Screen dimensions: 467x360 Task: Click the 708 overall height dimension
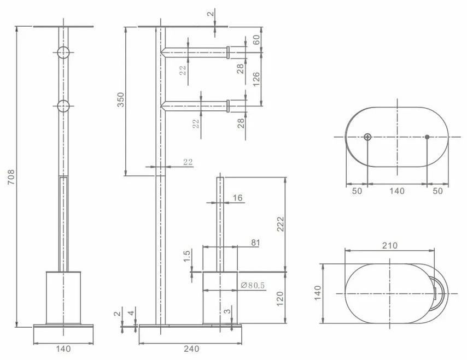click(11, 177)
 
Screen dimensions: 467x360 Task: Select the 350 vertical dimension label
click(121, 99)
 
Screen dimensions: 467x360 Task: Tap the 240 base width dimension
click(191, 349)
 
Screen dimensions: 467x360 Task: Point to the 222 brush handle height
click(281, 225)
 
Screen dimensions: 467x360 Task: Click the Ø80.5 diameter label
click(253, 286)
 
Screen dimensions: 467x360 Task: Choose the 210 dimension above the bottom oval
click(389, 246)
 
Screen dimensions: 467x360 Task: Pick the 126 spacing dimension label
click(256, 79)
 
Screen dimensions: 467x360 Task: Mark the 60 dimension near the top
click(256, 40)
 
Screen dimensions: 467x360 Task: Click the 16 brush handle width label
click(237, 198)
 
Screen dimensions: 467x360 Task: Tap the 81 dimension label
click(255, 243)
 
